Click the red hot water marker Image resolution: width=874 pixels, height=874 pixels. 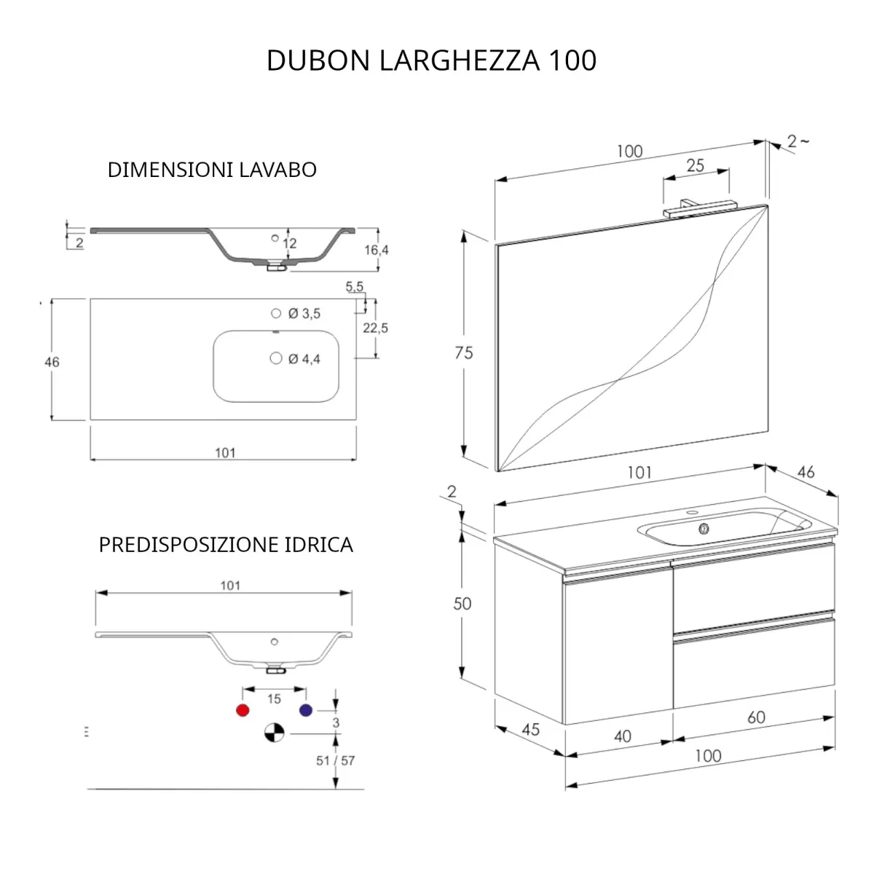click(243, 710)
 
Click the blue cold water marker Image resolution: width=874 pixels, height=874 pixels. click(305, 710)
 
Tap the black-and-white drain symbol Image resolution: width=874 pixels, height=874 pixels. click(274, 733)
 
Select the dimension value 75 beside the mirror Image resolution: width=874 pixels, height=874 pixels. click(463, 353)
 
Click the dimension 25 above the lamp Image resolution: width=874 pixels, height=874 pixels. click(695, 165)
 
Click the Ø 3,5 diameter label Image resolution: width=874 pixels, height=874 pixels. click(304, 314)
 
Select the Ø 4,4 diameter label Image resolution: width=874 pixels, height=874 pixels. click(304, 359)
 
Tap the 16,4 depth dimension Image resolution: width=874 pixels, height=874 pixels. click(377, 250)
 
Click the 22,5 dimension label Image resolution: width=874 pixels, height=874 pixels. click(376, 328)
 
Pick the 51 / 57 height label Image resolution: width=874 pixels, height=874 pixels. click(335, 760)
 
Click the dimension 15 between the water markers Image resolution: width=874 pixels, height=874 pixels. click(274, 699)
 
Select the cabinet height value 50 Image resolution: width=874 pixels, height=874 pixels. click(462, 604)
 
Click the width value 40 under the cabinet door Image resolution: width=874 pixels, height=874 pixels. click(622, 736)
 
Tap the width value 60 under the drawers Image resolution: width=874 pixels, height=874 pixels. click(756, 717)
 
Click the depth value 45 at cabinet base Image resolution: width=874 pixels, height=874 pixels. click(531, 729)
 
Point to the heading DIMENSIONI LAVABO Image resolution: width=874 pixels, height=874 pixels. click(212, 170)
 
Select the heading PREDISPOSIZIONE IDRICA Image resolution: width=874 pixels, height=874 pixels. click(226, 545)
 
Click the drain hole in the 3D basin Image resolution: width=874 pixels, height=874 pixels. click(704, 529)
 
